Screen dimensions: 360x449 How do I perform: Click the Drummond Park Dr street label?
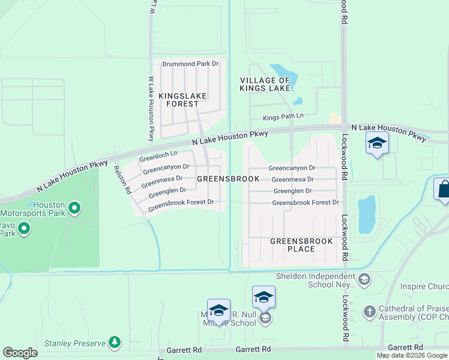(190, 63)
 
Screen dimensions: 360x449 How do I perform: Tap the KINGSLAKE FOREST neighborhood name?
(178, 100)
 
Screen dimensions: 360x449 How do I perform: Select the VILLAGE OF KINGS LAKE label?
(265, 84)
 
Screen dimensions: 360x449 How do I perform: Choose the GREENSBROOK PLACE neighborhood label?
(292, 245)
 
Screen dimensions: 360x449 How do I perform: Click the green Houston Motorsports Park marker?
(74, 209)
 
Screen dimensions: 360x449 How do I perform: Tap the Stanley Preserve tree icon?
(114, 343)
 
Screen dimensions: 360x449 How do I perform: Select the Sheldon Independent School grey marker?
(364, 280)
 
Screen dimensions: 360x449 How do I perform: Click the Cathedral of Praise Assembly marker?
(370, 312)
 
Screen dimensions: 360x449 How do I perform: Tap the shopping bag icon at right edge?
(443, 190)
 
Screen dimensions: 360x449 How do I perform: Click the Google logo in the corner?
(20, 353)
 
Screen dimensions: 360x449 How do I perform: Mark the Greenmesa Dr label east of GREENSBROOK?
(292, 179)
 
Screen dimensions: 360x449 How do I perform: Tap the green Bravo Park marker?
(24, 228)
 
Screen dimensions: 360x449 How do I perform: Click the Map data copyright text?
(412, 355)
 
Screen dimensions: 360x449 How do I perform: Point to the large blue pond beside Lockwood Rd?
(367, 214)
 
